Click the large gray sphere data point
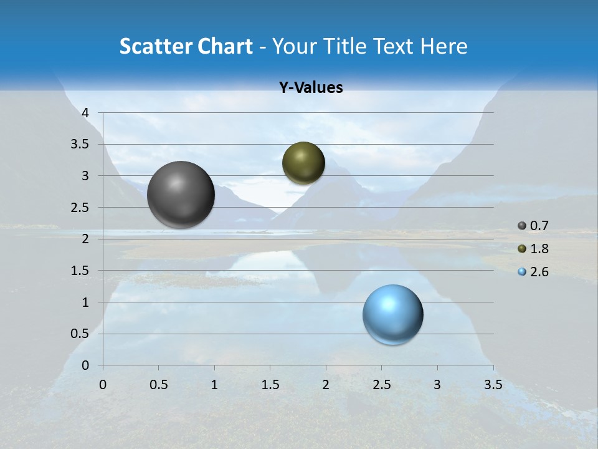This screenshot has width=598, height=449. (x=181, y=195)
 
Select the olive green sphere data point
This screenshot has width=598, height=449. (x=303, y=163)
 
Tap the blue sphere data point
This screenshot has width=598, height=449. (x=392, y=314)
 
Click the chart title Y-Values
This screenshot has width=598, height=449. (x=311, y=88)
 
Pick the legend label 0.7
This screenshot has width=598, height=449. (x=539, y=226)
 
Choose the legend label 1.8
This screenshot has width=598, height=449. (x=539, y=249)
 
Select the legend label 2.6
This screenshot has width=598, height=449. (x=539, y=272)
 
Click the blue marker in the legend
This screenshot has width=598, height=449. (x=522, y=272)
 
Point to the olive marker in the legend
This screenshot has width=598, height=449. (x=522, y=249)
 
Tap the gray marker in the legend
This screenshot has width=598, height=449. (x=522, y=226)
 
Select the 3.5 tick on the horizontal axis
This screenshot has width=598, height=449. (x=493, y=384)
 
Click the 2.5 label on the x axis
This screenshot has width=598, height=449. (x=382, y=384)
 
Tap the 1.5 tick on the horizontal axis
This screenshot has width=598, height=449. (x=270, y=384)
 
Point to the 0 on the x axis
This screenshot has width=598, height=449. (x=103, y=384)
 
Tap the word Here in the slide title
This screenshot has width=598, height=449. (x=443, y=46)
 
